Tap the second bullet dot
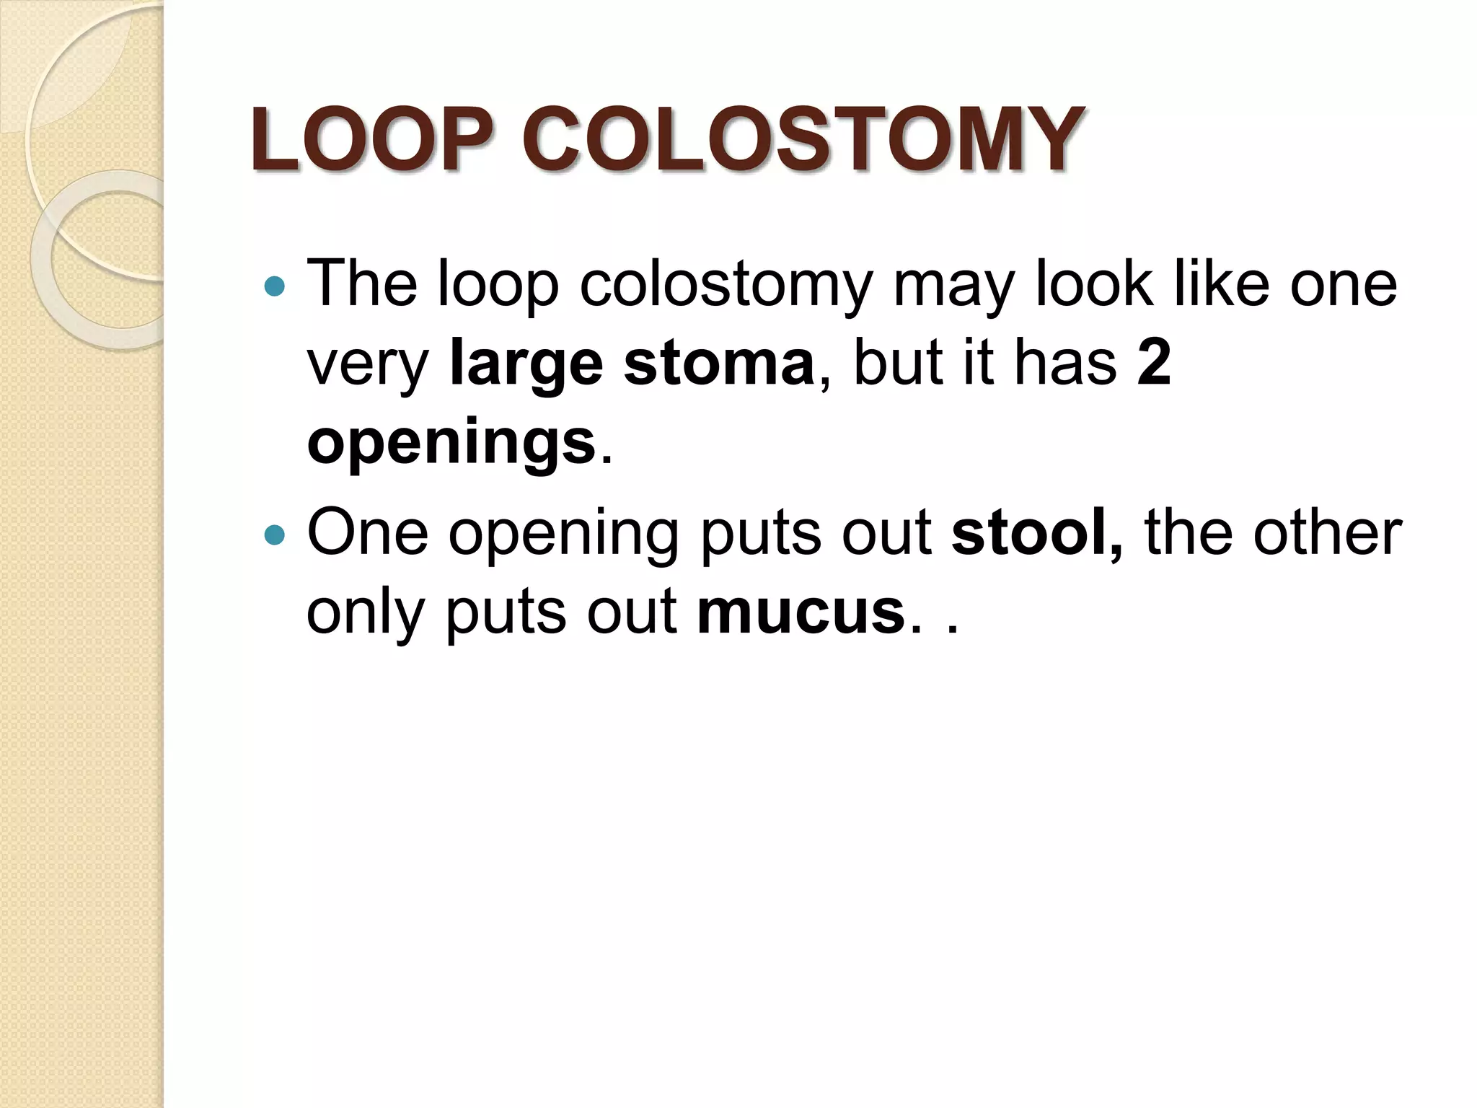(275, 535)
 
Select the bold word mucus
(801, 612)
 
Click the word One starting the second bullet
(367, 533)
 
